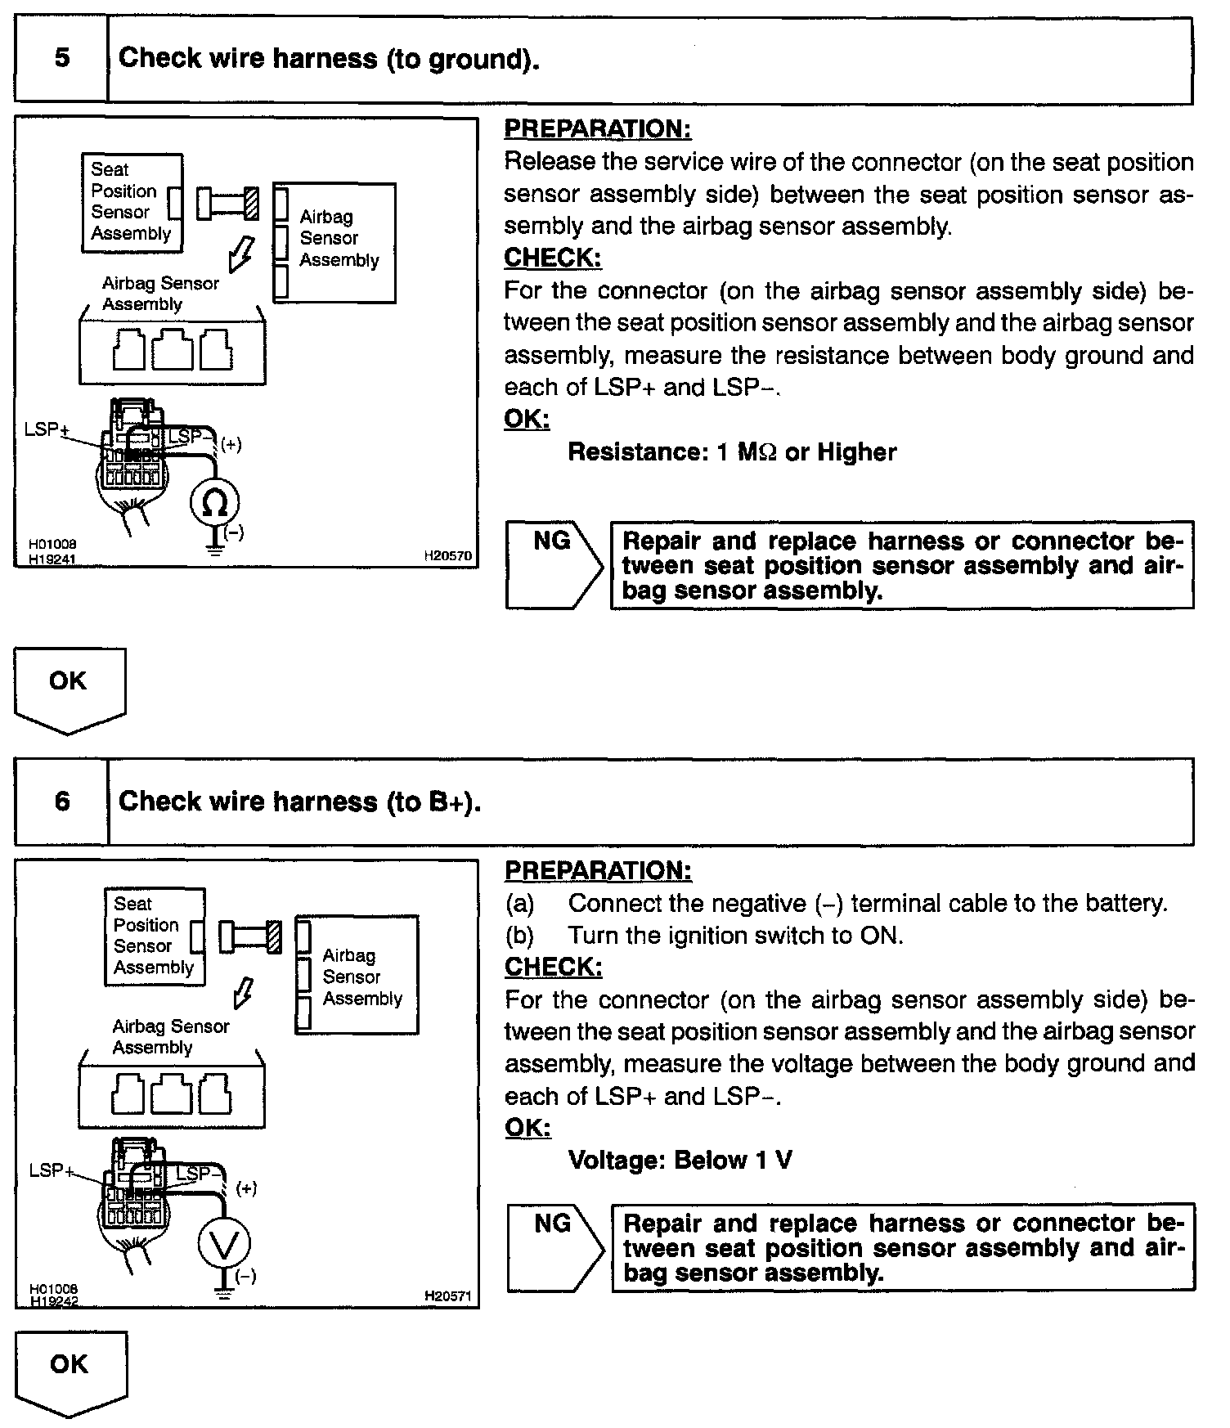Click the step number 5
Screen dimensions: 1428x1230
point(61,58)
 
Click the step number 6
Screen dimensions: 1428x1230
point(62,801)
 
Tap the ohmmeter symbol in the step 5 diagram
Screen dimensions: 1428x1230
point(214,504)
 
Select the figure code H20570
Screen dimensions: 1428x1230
point(447,556)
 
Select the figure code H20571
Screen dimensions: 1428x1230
point(447,1296)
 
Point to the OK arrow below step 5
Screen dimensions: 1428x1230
point(69,687)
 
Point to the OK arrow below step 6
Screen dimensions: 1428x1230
point(70,1370)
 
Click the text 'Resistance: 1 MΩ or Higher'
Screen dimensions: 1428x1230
point(732,452)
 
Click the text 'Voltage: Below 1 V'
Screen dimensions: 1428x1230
point(680,1160)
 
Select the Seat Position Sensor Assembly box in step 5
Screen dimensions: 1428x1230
point(132,202)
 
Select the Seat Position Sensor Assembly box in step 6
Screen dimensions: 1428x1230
point(155,936)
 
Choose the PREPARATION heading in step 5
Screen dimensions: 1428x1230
point(597,128)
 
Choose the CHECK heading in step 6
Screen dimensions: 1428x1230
point(553,967)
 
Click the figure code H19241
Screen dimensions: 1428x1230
point(52,560)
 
